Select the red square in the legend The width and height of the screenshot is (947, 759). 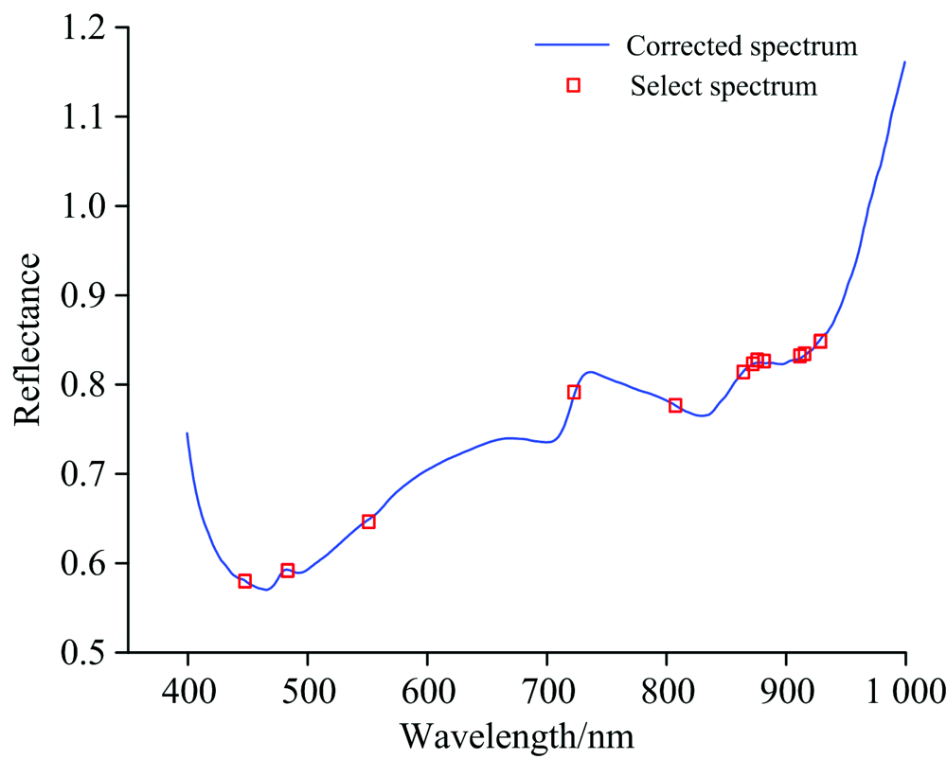click(x=573, y=85)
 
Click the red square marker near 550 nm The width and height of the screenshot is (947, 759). click(x=368, y=521)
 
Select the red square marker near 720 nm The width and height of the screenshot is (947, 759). click(x=573, y=392)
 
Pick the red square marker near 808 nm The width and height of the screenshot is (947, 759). click(x=675, y=405)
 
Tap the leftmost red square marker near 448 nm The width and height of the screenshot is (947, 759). click(x=244, y=580)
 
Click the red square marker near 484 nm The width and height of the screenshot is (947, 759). click(x=287, y=570)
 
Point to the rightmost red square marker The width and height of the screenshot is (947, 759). click(x=820, y=341)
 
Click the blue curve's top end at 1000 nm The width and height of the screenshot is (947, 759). click(x=905, y=62)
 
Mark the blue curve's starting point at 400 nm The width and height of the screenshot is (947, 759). click(x=188, y=433)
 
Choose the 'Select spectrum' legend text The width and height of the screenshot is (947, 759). click(x=724, y=86)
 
